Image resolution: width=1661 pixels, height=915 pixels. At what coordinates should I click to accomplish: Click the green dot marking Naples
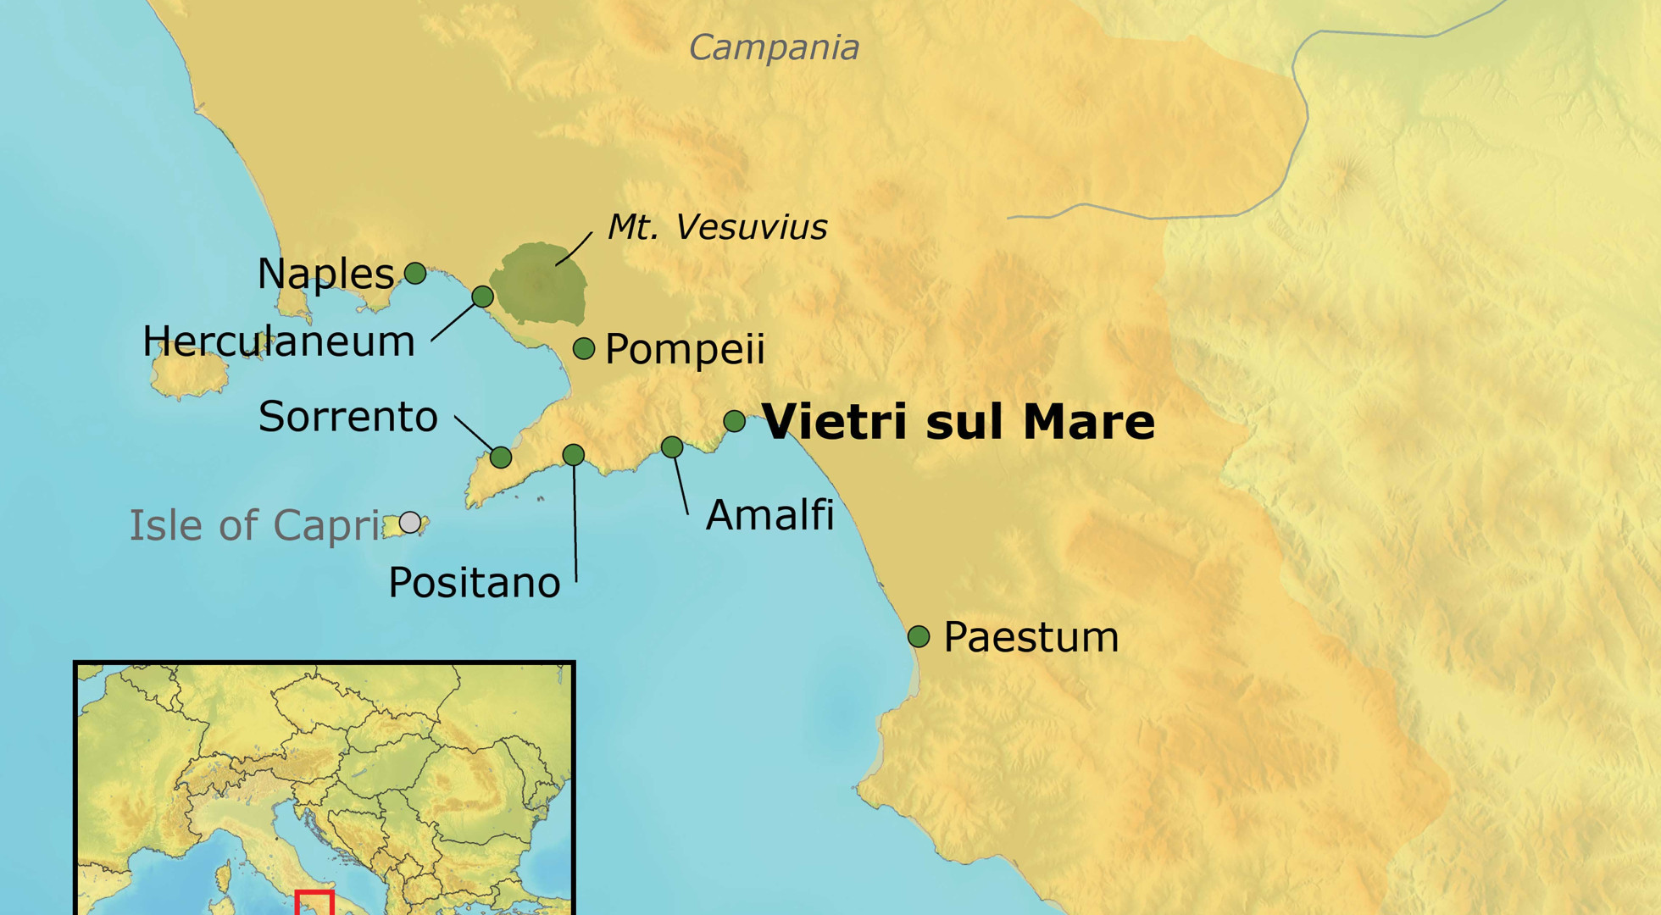tap(415, 273)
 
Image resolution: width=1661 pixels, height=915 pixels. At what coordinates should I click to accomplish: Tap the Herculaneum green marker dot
tap(482, 296)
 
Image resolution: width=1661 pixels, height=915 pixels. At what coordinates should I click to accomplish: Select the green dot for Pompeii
tap(584, 348)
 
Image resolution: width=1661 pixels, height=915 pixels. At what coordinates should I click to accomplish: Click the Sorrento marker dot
tap(501, 457)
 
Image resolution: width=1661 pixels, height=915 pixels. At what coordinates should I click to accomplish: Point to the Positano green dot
tap(574, 455)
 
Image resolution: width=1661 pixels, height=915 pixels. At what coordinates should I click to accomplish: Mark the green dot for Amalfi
tap(672, 446)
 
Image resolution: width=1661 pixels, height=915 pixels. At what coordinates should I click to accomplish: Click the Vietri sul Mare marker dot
tap(735, 421)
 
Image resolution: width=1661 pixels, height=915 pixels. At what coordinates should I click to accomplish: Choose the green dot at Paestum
tap(919, 636)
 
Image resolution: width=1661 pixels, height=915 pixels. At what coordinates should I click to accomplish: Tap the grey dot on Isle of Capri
tap(410, 522)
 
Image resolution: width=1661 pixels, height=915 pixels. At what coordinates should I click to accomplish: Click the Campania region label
tap(774, 47)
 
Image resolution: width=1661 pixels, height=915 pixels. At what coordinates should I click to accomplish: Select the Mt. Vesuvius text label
tap(717, 227)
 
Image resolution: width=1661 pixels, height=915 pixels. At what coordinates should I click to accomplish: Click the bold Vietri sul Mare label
tap(958, 421)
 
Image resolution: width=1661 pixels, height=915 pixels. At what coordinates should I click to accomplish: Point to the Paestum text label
tap(1030, 637)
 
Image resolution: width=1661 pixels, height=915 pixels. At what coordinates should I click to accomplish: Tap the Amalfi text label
tap(769, 514)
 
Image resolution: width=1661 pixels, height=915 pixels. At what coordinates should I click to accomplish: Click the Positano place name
tap(475, 583)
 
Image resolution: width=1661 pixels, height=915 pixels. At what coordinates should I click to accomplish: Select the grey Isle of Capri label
tap(254, 525)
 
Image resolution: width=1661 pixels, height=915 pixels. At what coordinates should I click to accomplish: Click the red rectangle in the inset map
tap(314, 902)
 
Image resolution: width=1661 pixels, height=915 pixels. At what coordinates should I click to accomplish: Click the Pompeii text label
tap(685, 349)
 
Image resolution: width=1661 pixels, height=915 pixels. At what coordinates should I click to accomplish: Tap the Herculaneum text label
tap(279, 341)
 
